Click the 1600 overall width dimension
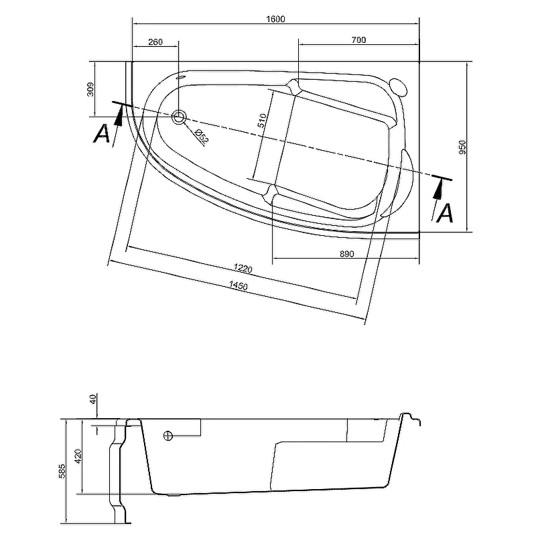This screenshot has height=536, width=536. coord(275,19)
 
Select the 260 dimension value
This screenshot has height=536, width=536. coord(155,42)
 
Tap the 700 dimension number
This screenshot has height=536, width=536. coord(358,41)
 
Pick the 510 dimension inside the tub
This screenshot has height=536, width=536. coord(263,121)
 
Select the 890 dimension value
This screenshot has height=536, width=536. coord(346,253)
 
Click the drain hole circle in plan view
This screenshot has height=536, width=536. coord(179,117)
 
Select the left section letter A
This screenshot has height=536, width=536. coord(102,133)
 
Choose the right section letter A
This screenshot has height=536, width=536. coord(446,212)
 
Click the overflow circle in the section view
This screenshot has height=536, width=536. coord(167,436)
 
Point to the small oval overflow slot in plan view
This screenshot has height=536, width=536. coord(179,76)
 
